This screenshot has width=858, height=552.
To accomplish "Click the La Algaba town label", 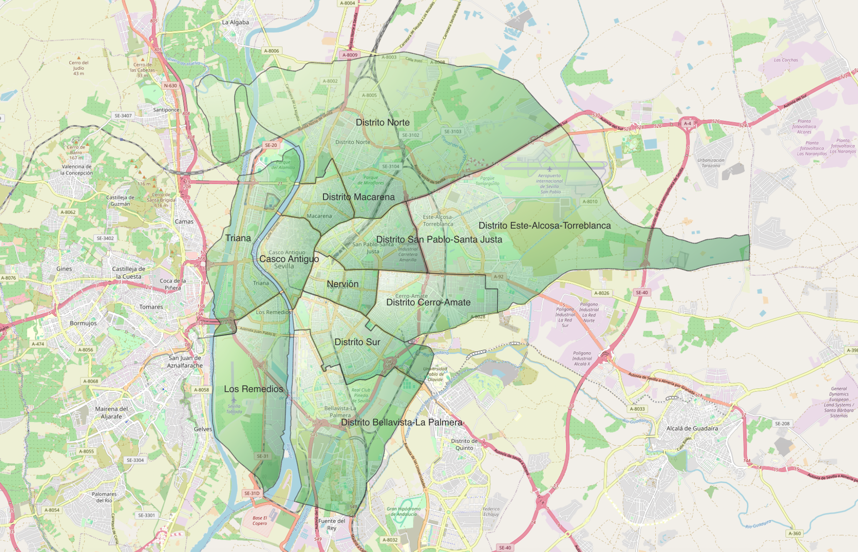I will [235, 22].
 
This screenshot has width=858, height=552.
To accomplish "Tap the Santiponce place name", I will [166, 110].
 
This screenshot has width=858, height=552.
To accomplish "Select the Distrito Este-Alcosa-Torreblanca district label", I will [544, 225].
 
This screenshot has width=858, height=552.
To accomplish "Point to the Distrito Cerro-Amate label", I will [428, 302].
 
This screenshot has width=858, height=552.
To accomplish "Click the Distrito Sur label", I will [357, 342].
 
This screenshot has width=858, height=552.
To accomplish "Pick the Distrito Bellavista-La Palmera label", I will [402, 422].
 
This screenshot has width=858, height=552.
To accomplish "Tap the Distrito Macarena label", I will [358, 197].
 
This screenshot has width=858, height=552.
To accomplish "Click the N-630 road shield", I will [171, 85].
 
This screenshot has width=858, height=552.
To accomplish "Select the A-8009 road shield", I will [350, 55].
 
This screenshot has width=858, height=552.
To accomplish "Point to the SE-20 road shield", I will [271, 145].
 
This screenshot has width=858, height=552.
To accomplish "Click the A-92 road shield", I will [498, 276].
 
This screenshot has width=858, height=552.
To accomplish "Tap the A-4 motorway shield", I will [687, 124].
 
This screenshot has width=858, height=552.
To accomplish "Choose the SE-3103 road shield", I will [453, 131].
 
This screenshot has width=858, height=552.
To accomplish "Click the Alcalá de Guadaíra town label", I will [692, 428].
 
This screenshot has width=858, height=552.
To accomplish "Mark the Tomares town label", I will [151, 307].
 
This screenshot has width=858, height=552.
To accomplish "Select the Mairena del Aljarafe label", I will [111, 413].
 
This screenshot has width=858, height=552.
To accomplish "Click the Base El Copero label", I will [260, 520].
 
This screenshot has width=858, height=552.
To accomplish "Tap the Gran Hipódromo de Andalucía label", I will [403, 511].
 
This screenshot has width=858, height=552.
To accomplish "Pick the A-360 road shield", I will [794, 533].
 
